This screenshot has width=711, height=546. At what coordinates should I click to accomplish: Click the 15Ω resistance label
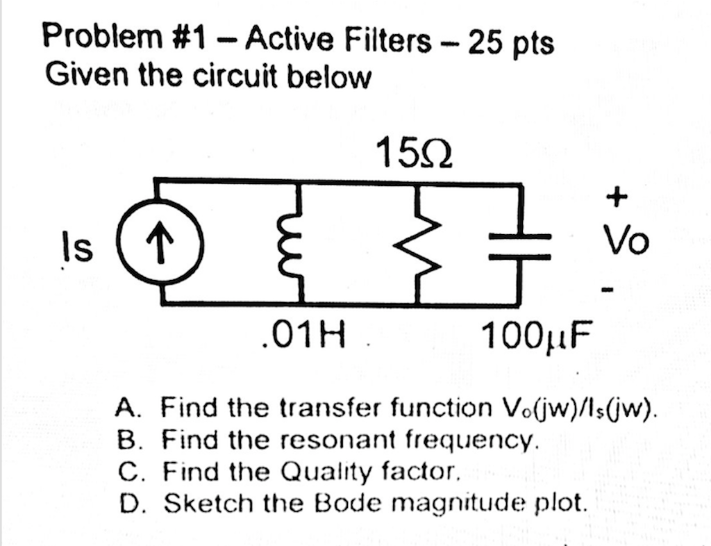[414, 152]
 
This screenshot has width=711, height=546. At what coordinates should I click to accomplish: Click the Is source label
[82, 248]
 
